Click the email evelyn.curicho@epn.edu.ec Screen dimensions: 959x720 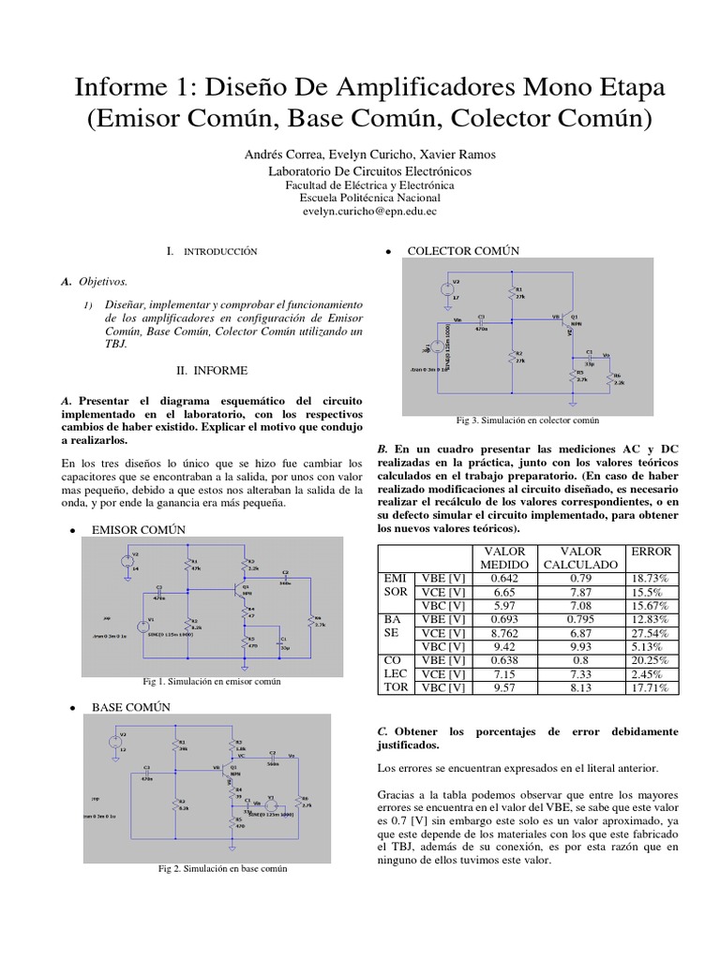click(x=369, y=213)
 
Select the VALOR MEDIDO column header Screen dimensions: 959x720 click(x=504, y=558)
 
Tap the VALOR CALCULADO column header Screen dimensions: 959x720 click(x=580, y=558)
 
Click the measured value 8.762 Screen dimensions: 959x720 click(x=504, y=633)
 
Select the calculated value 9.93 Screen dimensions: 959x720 click(x=580, y=646)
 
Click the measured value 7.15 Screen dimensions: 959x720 click(x=504, y=673)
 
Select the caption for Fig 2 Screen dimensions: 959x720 click(x=222, y=868)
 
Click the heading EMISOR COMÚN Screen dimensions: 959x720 click(x=138, y=530)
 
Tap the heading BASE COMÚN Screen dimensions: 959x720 click(x=130, y=707)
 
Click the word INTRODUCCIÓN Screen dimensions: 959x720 click(x=219, y=253)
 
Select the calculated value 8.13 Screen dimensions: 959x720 click(x=580, y=687)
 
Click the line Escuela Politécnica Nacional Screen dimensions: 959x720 click(x=369, y=199)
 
